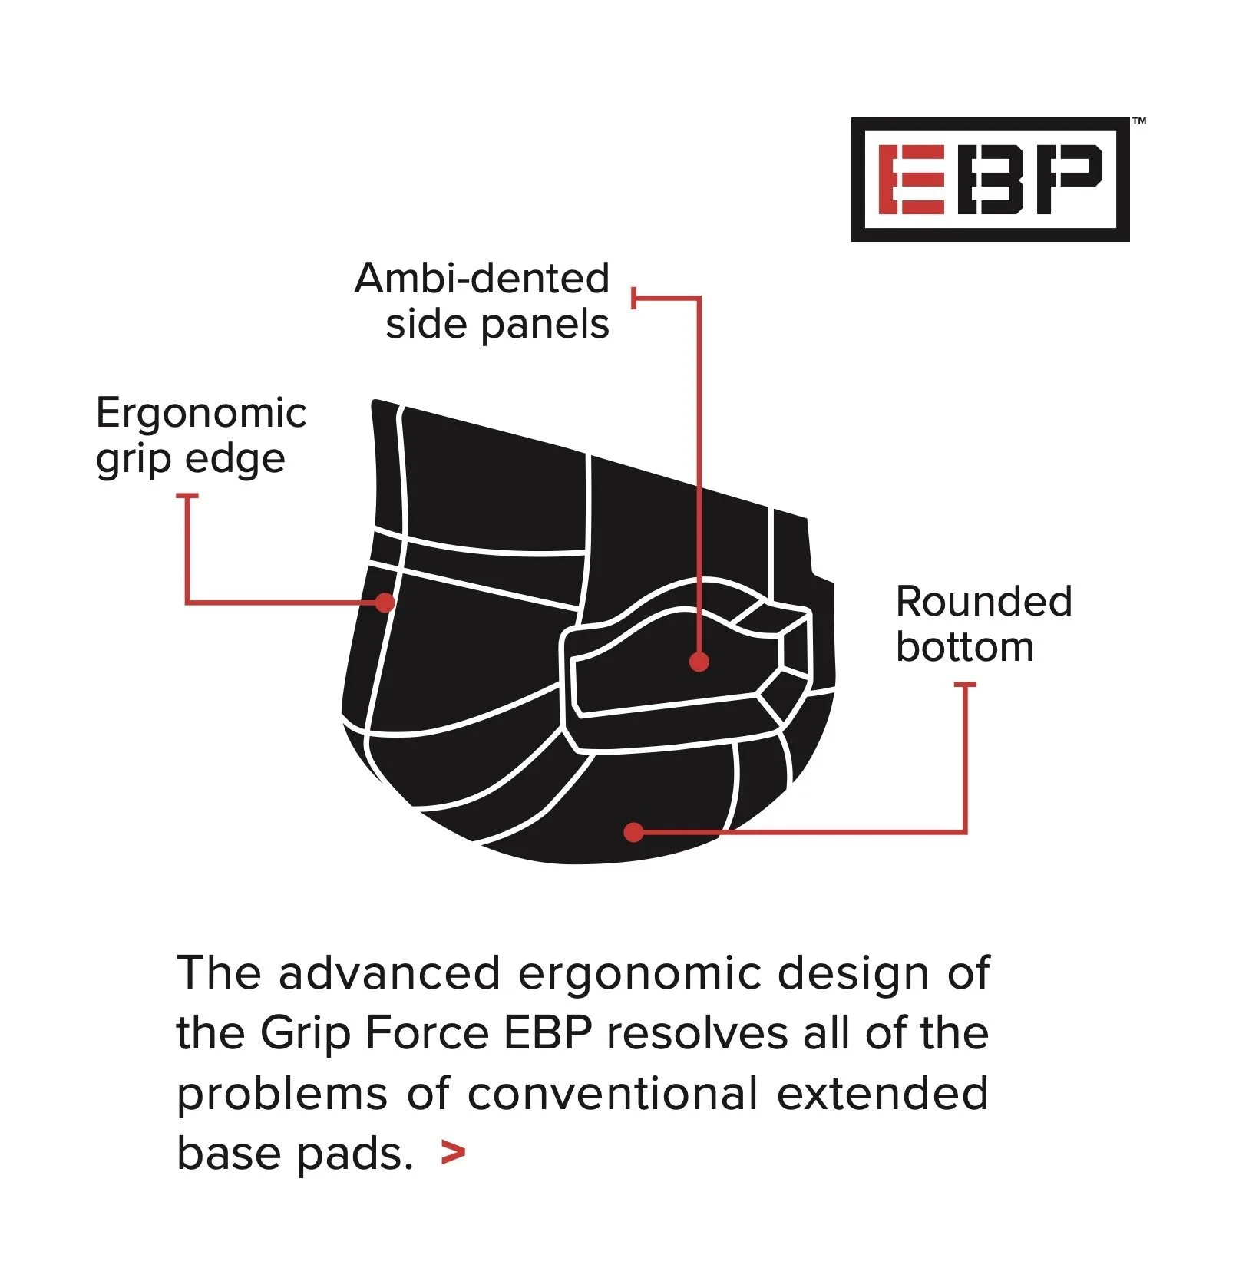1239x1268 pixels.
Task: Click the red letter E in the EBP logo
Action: point(911,180)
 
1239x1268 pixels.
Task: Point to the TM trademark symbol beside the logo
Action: point(1139,121)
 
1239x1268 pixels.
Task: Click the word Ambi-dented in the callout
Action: point(482,278)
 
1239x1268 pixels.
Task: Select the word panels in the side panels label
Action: point(545,325)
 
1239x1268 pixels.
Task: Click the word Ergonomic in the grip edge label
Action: point(201,413)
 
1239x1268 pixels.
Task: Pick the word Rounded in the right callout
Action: point(983,601)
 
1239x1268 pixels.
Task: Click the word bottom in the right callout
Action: point(964,647)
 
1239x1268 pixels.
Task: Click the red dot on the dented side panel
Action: point(699,661)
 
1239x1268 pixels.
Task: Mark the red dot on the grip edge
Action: point(385,603)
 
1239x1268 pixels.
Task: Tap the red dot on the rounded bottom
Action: point(633,832)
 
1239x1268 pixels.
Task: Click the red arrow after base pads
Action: point(454,1153)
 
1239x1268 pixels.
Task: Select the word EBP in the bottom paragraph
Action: point(548,1033)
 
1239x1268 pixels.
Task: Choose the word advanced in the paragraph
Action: point(389,973)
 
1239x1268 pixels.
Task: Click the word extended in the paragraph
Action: point(882,1093)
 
